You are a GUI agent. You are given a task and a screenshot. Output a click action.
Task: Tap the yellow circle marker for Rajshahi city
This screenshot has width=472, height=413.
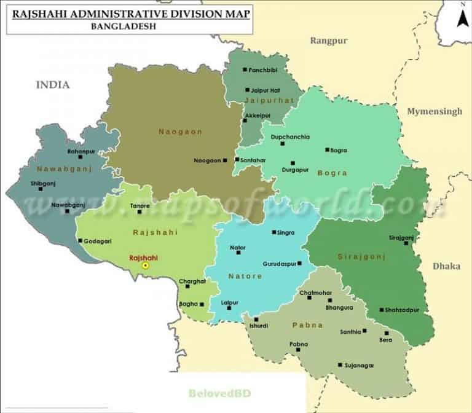[146, 265]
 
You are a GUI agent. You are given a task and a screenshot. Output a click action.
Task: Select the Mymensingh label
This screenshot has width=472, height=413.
[434, 112]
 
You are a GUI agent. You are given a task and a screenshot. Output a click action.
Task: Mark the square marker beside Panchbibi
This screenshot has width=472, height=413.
[245, 70]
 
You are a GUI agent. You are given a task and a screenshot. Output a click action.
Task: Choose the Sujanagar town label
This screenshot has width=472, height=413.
[360, 365]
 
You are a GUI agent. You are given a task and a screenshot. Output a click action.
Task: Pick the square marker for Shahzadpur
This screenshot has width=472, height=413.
[382, 310]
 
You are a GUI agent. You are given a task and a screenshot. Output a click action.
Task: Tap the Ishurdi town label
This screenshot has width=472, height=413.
[258, 326]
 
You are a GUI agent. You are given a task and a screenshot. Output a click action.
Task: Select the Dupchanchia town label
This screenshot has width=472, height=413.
[290, 136]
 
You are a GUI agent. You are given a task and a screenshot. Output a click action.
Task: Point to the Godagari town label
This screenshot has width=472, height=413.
[98, 241]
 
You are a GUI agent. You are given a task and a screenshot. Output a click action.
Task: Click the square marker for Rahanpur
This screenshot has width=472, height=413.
[81, 157]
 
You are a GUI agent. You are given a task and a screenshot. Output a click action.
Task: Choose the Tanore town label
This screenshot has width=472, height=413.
[140, 205]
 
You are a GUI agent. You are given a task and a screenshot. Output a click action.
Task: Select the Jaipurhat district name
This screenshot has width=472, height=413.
[262, 100]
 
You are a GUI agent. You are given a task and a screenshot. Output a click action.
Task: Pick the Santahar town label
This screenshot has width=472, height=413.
[253, 160]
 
